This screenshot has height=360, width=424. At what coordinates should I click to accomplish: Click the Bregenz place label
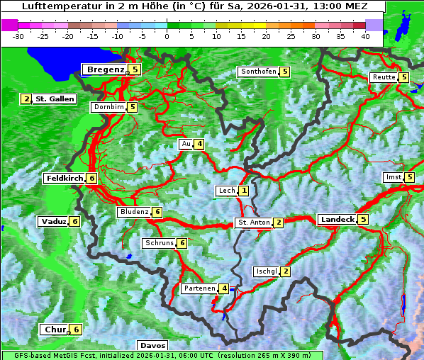pos(106,69)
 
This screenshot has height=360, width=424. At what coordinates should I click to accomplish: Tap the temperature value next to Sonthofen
pos(285,72)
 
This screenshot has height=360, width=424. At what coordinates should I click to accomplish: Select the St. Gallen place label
pos(55,99)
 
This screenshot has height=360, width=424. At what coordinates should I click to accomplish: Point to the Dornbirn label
pos(108,108)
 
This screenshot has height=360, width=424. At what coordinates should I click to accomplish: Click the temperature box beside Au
pos(200,145)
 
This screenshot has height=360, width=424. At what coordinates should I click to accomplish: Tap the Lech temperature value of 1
pos(244,191)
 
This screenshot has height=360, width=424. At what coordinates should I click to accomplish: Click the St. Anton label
pos(253,223)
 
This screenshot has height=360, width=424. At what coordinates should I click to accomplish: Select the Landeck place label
pos(337,220)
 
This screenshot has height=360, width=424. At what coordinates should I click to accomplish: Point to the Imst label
pos(392,177)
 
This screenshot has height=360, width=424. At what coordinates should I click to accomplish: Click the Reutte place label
pos(384,77)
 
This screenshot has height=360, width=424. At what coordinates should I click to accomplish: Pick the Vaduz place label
pos(53,222)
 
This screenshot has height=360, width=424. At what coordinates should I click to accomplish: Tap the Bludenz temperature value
pos(157,212)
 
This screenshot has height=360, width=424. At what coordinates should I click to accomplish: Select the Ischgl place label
pos(266,271)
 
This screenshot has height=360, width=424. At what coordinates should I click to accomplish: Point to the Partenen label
pos(198,288)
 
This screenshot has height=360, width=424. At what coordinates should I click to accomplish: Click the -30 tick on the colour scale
pos(18,35)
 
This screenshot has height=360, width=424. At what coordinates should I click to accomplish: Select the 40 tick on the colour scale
pos(365,35)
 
